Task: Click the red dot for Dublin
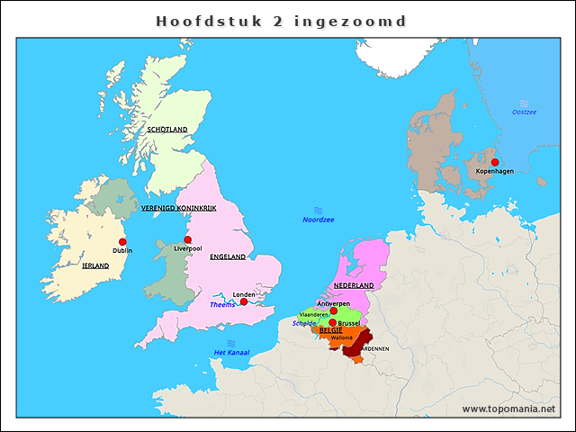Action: pyautogui.click(x=122, y=241)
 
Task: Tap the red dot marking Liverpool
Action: pyautogui.click(x=187, y=239)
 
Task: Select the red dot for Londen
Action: pyautogui.click(x=244, y=301)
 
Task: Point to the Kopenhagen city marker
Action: pyautogui.click(x=495, y=162)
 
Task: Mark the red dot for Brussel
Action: pyautogui.click(x=333, y=322)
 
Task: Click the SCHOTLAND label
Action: pyautogui.click(x=167, y=130)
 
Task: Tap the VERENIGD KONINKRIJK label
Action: pyautogui.click(x=180, y=208)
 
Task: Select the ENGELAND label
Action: pyautogui.click(x=228, y=256)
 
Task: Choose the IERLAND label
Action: pyautogui.click(x=95, y=266)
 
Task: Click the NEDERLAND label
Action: pyautogui.click(x=353, y=285)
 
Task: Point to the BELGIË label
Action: pyautogui.click(x=330, y=330)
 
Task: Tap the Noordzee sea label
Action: pyautogui.click(x=318, y=220)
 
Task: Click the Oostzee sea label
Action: pyautogui.click(x=524, y=112)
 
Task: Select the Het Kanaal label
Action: pyautogui.click(x=231, y=352)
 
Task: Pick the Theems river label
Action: pyautogui.click(x=222, y=304)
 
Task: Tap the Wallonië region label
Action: pyautogui.click(x=342, y=337)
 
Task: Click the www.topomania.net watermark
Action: pyautogui.click(x=508, y=409)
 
